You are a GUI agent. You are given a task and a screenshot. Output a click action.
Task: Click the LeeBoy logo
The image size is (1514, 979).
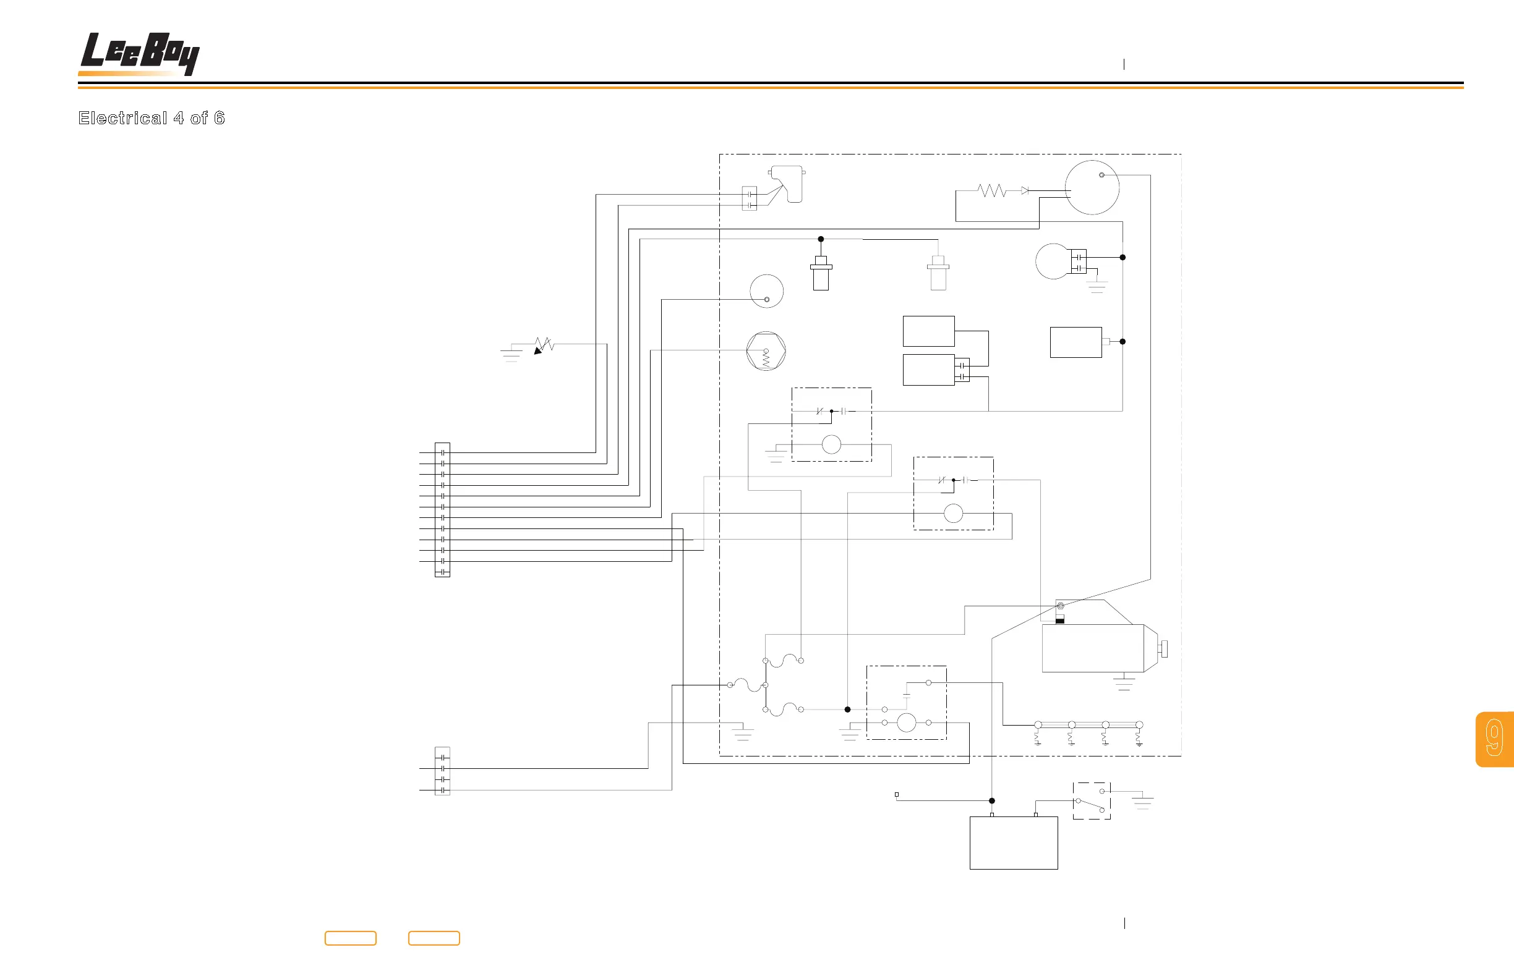[x=140, y=53]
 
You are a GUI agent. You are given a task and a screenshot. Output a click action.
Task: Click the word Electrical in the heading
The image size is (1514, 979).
[x=122, y=118]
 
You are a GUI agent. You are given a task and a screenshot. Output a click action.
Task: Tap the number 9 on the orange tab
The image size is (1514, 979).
[x=1494, y=738]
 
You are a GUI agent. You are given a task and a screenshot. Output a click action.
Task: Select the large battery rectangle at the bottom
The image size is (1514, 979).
[x=1014, y=842]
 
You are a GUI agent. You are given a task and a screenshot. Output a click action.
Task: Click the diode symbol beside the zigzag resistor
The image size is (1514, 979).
[x=1025, y=191]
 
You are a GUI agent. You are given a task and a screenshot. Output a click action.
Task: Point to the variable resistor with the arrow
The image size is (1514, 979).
[x=544, y=345]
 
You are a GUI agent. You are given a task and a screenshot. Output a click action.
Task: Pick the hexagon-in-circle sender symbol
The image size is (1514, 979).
[x=766, y=351]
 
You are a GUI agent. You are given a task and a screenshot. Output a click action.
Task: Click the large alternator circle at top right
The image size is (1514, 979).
[x=1092, y=187]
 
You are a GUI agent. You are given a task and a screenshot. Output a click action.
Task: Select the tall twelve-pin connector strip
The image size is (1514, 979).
[x=442, y=510]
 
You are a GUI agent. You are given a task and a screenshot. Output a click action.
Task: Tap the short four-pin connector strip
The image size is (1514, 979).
[x=442, y=771]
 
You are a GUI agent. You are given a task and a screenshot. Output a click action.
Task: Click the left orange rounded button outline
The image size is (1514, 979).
[x=351, y=938]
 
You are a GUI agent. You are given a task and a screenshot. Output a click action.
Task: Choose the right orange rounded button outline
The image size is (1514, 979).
[x=434, y=938]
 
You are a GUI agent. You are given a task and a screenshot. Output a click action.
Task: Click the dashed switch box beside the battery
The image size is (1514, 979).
[x=1092, y=801]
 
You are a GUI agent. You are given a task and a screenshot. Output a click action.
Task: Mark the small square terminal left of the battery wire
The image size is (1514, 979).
[x=897, y=795]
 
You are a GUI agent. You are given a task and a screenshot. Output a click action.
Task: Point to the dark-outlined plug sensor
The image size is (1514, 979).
[x=821, y=273]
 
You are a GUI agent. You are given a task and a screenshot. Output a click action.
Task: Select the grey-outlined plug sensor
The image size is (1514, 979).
[x=938, y=273]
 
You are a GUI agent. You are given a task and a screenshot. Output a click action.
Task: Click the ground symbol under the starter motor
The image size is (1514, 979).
[x=1124, y=684]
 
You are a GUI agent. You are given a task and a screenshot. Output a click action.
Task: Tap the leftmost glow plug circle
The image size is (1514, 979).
[x=1038, y=725]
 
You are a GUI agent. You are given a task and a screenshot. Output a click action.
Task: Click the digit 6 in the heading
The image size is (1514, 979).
[x=220, y=118]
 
